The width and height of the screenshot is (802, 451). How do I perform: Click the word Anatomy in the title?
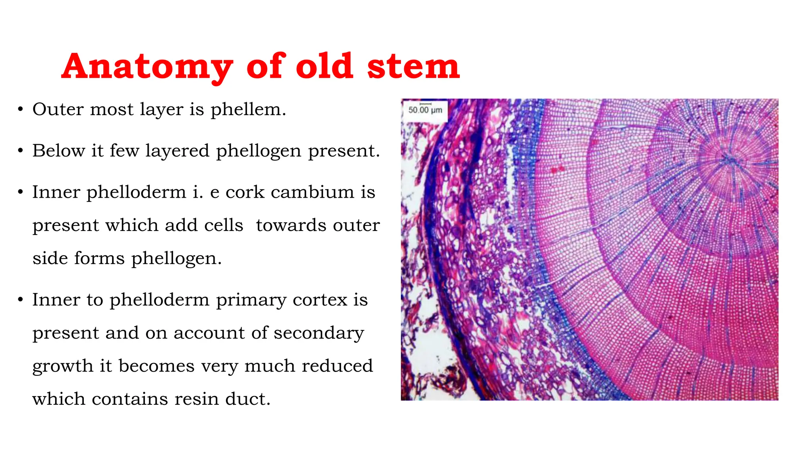pos(147,67)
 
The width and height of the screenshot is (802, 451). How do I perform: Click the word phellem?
pos(248,109)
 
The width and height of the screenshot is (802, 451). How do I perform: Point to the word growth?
pos(62,366)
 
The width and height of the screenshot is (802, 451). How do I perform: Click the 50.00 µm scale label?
pos(425,110)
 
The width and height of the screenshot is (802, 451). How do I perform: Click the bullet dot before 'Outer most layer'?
pos(21,110)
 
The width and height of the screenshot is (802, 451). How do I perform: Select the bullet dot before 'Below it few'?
pos(21,151)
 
